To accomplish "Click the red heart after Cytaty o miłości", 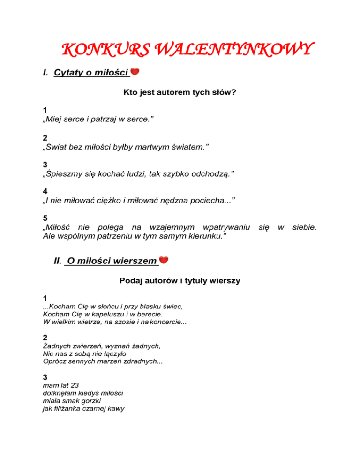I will (x=135, y=72).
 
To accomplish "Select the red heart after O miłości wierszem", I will (x=164, y=260).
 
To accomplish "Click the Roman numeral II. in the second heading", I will (x=58, y=261).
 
